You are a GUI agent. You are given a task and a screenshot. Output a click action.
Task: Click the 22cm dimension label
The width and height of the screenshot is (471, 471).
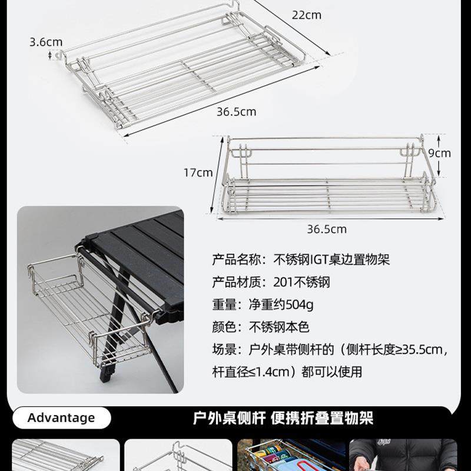click(x=306, y=15)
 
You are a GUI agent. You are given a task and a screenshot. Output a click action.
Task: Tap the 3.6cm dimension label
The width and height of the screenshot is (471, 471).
click(x=46, y=42)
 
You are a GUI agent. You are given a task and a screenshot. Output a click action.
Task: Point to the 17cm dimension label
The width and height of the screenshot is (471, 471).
click(x=198, y=173)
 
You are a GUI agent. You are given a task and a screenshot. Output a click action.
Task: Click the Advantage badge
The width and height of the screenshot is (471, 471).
click(x=61, y=418)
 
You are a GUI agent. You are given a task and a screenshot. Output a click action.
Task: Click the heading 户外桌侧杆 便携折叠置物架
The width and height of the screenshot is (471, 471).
click(x=283, y=418)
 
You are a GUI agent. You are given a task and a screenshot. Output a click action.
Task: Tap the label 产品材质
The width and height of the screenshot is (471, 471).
click(x=235, y=282)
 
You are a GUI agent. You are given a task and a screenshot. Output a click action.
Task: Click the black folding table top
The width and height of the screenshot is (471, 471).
click(x=144, y=247)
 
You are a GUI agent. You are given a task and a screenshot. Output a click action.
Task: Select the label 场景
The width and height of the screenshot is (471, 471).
click(x=224, y=350)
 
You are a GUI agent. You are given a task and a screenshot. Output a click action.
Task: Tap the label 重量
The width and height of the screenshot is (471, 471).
click(x=224, y=304)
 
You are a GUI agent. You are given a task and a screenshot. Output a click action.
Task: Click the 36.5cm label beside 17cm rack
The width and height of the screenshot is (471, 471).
click(x=327, y=229)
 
